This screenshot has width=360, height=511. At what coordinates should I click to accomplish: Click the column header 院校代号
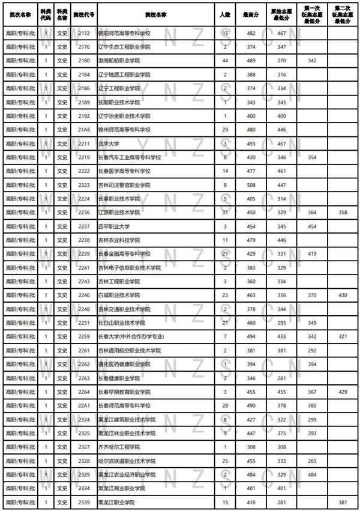83,13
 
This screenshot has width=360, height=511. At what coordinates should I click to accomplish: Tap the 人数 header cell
224,13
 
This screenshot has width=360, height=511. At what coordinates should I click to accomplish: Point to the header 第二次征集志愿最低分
342,13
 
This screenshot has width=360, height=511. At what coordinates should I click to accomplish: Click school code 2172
83,33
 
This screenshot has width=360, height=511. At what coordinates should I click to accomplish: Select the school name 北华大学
109,144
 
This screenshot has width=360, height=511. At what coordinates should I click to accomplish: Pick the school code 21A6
83,130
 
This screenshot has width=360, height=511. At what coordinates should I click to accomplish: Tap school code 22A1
83,406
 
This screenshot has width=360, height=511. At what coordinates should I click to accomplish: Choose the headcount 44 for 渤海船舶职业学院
224,61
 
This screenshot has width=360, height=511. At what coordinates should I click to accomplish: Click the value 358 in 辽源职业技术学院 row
342,213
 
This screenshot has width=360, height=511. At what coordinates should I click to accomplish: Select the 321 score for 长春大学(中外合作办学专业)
342,337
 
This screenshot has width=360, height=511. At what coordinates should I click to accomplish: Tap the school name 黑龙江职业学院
116,502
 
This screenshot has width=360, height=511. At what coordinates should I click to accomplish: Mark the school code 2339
83,502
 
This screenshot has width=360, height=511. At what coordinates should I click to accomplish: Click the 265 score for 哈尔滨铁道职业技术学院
311,461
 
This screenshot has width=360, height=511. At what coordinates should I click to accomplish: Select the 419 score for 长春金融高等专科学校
311,254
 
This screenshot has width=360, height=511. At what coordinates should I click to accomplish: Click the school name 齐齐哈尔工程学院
119,447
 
